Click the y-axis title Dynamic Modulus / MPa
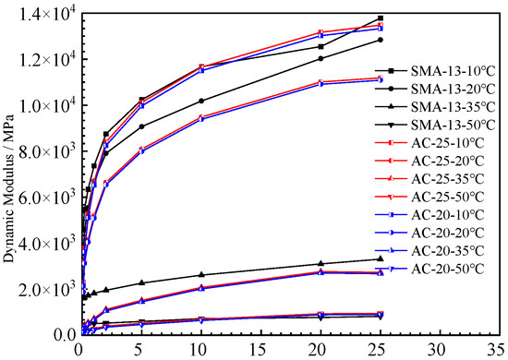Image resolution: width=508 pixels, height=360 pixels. pyautogui.click(x=13, y=175)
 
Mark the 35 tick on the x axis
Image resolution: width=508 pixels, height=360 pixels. pyautogui.click(x=500, y=350)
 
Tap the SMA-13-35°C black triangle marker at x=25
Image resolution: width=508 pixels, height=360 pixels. pyautogui.click(x=380, y=258)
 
